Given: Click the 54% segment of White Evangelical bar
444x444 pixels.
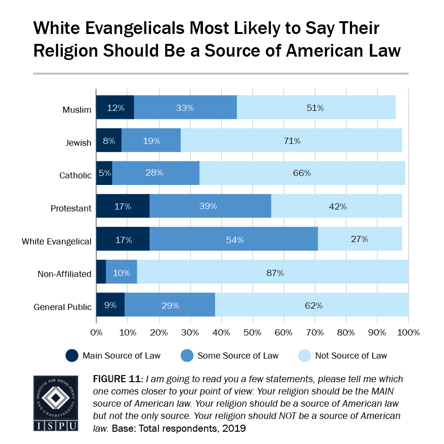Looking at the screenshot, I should [234, 239].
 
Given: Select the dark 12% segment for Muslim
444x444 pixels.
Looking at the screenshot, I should [115, 108].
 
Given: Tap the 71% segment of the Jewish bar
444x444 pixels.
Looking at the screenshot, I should [291, 141].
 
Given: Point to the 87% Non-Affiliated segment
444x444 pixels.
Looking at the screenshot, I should [272, 272].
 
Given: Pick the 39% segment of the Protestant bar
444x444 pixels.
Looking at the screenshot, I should [210, 206].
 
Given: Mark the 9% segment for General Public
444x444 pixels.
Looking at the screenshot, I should [110, 305].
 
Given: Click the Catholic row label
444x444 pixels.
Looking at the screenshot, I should [75, 176].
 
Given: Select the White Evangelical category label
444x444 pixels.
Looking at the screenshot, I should [57, 242].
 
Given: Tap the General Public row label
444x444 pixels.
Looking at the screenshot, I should [63, 307].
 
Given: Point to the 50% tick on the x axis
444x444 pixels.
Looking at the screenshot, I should [252, 332].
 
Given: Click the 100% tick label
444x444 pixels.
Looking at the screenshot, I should [408, 332].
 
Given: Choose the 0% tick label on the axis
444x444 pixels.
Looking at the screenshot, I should [96, 332].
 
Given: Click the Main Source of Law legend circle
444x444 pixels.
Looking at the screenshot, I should [72, 355].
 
